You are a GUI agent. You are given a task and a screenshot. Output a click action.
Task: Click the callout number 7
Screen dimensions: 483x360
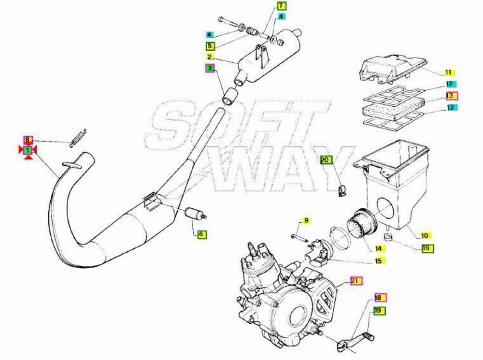(x=281, y=6)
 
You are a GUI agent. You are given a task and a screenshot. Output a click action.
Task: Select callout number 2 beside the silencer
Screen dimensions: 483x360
(x=210, y=57)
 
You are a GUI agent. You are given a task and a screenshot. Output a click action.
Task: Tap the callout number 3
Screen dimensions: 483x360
(x=210, y=68)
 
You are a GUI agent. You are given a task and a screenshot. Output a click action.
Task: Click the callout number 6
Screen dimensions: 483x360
(x=201, y=234)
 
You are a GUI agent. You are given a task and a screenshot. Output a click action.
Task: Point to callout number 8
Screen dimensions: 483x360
(x=28, y=140)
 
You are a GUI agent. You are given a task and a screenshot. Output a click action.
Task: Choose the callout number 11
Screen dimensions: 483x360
(x=449, y=72)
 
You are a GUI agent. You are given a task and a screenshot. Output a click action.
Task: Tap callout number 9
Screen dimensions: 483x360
(x=306, y=220)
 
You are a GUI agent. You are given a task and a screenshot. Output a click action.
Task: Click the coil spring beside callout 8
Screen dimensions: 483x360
(x=79, y=137)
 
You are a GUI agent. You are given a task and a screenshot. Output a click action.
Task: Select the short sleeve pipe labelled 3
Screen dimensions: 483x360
(x=230, y=96)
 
